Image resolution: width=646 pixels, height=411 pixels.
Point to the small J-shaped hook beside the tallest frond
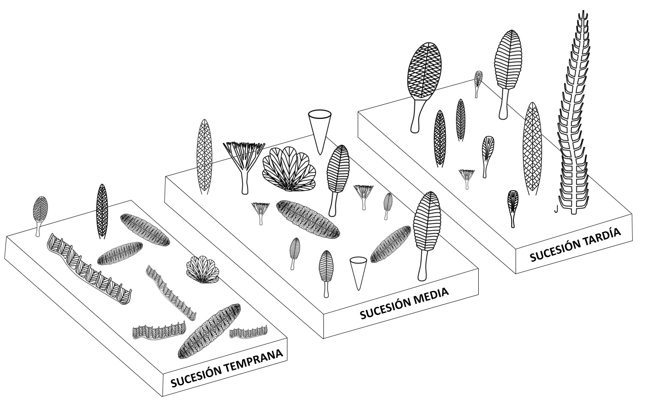(x=555, y=209)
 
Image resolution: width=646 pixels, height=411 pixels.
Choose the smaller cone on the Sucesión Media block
(x=359, y=272)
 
